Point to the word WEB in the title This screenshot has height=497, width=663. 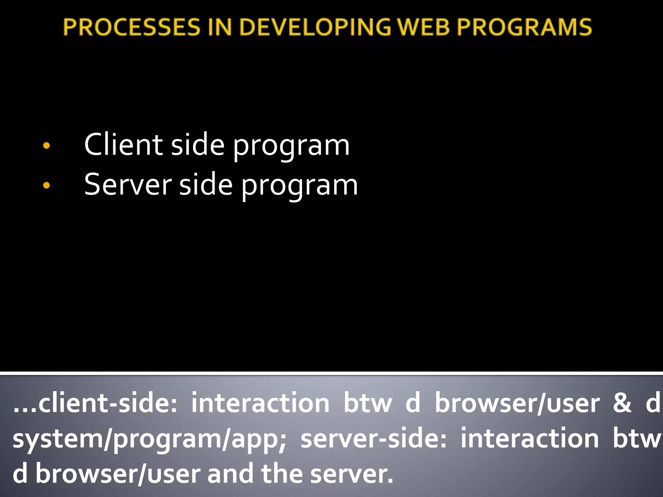(x=424, y=27)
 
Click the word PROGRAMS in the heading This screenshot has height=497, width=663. (x=524, y=27)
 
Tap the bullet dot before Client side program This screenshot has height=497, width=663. (x=47, y=146)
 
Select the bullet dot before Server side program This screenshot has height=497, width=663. (x=47, y=185)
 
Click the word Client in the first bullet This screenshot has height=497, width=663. (x=123, y=145)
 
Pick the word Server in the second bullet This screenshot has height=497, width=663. (x=128, y=185)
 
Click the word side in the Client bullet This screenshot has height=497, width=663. (x=197, y=145)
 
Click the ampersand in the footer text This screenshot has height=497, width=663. (x=622, y=403)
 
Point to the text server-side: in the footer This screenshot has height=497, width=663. (x=373, y=439)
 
